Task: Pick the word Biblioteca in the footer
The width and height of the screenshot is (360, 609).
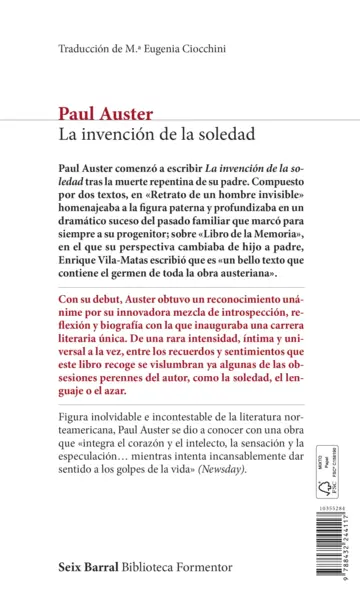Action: pos(161,566)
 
